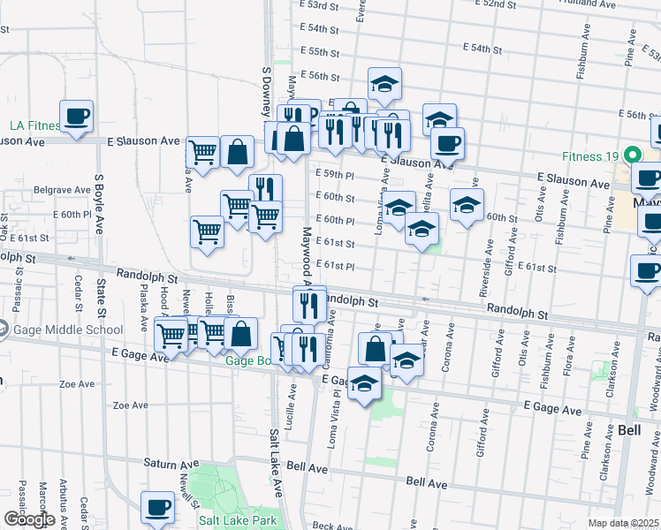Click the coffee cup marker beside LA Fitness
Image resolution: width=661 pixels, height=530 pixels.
point(77,116)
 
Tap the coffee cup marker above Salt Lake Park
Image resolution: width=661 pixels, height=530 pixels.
point(158,507)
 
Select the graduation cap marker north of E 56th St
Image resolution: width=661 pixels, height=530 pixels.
point(384,84)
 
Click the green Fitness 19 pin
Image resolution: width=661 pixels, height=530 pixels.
point(632,155)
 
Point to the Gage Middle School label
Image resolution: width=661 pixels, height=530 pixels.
point(67,330)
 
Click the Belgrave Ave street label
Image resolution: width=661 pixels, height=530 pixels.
point(57,190)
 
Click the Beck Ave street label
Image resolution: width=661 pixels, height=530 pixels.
point(332,526)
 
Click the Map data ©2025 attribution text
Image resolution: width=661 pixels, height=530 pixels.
point(623,523)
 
